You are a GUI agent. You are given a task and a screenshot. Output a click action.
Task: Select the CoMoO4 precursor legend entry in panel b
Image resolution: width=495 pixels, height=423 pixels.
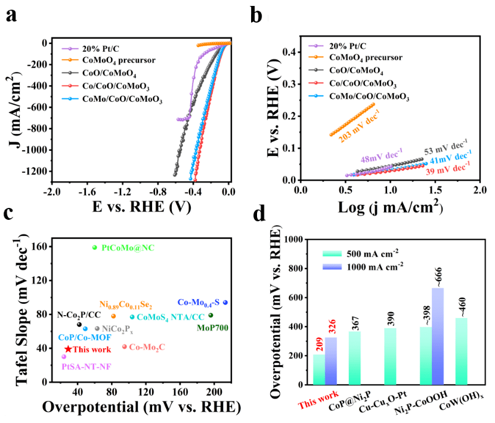click(364, 57)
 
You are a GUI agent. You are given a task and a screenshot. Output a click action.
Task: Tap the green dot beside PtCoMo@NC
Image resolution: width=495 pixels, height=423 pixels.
click(94, 247)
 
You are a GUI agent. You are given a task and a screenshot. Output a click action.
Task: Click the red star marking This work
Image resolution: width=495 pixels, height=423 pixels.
click(68, 349)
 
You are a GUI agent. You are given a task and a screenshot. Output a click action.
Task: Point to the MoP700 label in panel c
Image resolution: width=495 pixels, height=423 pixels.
click(212, 328)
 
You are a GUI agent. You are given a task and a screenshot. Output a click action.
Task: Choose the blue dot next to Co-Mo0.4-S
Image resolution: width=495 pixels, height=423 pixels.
click(225, 303)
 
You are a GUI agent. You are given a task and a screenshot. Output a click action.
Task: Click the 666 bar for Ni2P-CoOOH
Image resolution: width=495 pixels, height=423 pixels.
click(438, 337)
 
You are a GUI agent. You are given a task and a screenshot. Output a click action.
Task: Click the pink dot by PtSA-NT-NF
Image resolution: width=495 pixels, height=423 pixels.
click(64, 357)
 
